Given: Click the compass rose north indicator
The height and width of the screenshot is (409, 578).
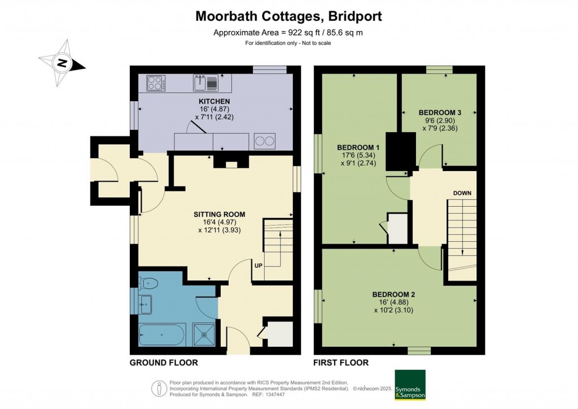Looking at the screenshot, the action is point(62,63).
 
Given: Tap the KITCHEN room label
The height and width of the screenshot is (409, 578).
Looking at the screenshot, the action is point(214,102).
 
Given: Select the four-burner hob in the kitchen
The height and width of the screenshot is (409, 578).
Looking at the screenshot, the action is point(156,82).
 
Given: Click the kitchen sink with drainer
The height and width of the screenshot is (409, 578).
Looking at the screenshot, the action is point(205,82).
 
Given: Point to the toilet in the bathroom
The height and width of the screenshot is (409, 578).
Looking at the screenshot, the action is point(148,283).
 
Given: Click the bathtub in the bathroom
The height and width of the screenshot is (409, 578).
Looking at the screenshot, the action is point(161,335).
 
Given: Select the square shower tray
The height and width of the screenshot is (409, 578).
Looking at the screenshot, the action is point(204,335).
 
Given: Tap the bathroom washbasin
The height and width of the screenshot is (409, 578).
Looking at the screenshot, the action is point(145,304).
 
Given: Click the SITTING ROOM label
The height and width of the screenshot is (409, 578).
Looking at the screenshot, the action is point(220,214).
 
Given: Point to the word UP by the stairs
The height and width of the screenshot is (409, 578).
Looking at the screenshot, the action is point(259,266).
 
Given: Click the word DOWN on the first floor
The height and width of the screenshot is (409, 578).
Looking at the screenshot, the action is point(462,193).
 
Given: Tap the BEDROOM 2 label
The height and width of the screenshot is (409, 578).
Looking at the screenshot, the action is point(393,294).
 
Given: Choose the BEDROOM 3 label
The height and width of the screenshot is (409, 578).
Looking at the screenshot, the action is point(440,112).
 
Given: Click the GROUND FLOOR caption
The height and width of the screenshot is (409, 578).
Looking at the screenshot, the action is point(164,363).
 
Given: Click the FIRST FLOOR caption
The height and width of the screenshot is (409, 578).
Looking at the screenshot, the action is point(341,363).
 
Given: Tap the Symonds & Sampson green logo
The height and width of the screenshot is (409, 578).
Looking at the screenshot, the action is point(410,385).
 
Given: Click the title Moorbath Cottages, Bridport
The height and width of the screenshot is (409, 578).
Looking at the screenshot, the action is point(288,16).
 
